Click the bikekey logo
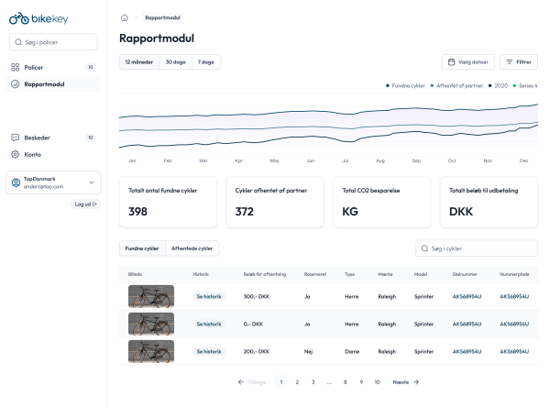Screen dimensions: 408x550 click(32, 17)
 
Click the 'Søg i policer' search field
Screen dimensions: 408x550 click(53, 42)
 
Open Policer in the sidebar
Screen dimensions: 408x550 click(34, 67)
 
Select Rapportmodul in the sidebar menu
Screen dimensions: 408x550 click(44, 84)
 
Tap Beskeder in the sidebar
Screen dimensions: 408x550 click(37, 138)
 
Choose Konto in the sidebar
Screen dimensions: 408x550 click(32, 154)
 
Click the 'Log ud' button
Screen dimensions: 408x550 click(86, 204)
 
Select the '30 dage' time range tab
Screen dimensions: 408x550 click(175, 61)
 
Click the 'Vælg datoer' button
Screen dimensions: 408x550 click(468, 62)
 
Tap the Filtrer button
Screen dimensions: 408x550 click(519, 62)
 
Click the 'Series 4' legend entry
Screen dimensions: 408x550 click(525, 85)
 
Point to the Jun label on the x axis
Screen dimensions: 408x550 click(310, 160)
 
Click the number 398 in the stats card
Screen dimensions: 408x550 click(138, 212)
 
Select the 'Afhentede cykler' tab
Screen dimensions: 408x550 click(192, 248)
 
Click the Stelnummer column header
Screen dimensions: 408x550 click(465, 274)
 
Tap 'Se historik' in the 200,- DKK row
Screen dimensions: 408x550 click(208, 351)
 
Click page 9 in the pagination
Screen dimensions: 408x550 click(361, 381)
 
